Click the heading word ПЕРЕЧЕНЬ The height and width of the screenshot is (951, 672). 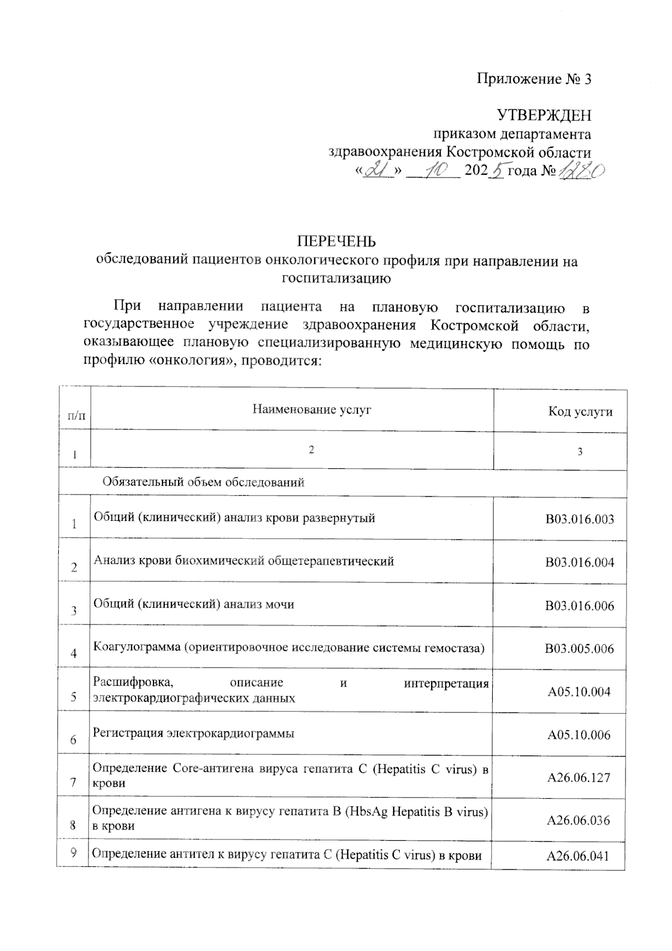click(336, 241)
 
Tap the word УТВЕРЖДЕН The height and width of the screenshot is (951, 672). click(544, 116)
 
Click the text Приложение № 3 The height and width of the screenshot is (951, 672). click(534, 79)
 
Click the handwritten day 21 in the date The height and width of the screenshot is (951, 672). click(376, 169)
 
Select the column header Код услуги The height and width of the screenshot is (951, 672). click(580, 412)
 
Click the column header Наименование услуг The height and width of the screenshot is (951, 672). click(311, 409)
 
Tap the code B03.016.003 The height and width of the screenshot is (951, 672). click(580, 519)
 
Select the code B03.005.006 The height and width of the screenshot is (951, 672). click(579, 649)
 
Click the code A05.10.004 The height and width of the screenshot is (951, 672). click(579, 692)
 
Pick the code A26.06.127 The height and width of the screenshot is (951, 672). click(578, 778)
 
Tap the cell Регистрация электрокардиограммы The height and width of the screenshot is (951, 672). click(194, 734)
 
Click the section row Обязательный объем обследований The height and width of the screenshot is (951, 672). click(203, 482)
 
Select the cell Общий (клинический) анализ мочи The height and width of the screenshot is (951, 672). click(194, 604)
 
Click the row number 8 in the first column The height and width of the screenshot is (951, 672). click(74, 825)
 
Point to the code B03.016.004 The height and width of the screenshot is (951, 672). click(580, 562)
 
